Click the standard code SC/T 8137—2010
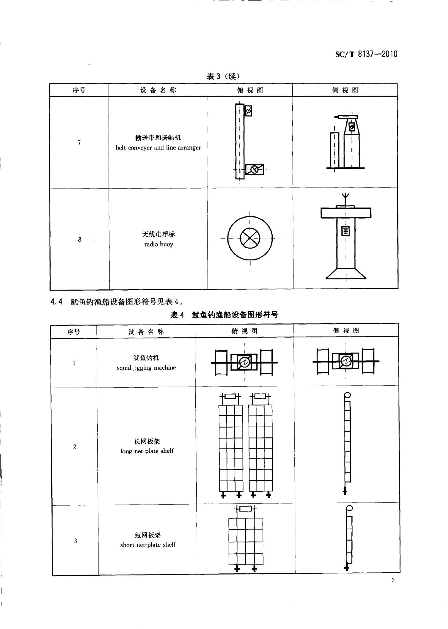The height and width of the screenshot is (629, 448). (366, 54)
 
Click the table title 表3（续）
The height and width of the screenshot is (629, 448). (223, 76)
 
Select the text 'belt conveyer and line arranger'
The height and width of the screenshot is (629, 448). (158, 148)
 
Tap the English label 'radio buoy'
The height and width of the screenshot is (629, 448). (158, 244)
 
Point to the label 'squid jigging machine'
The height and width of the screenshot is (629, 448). (146, 368)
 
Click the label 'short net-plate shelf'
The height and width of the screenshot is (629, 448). (148, 545)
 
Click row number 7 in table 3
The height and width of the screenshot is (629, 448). (79, 143)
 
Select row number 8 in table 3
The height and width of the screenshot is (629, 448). (80, 240)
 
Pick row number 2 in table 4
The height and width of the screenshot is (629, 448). (75, 447)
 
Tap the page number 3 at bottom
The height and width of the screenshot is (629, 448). (393, 580)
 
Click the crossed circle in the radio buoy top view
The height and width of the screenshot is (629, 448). (250, 238)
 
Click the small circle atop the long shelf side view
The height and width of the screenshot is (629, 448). (347, 395)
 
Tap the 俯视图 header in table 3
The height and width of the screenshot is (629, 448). (250, 90)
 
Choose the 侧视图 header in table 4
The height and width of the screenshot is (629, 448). (346, 331)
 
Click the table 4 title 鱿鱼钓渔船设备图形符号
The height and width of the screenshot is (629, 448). (235, 315)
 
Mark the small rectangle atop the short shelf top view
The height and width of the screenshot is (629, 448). (246, 509)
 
